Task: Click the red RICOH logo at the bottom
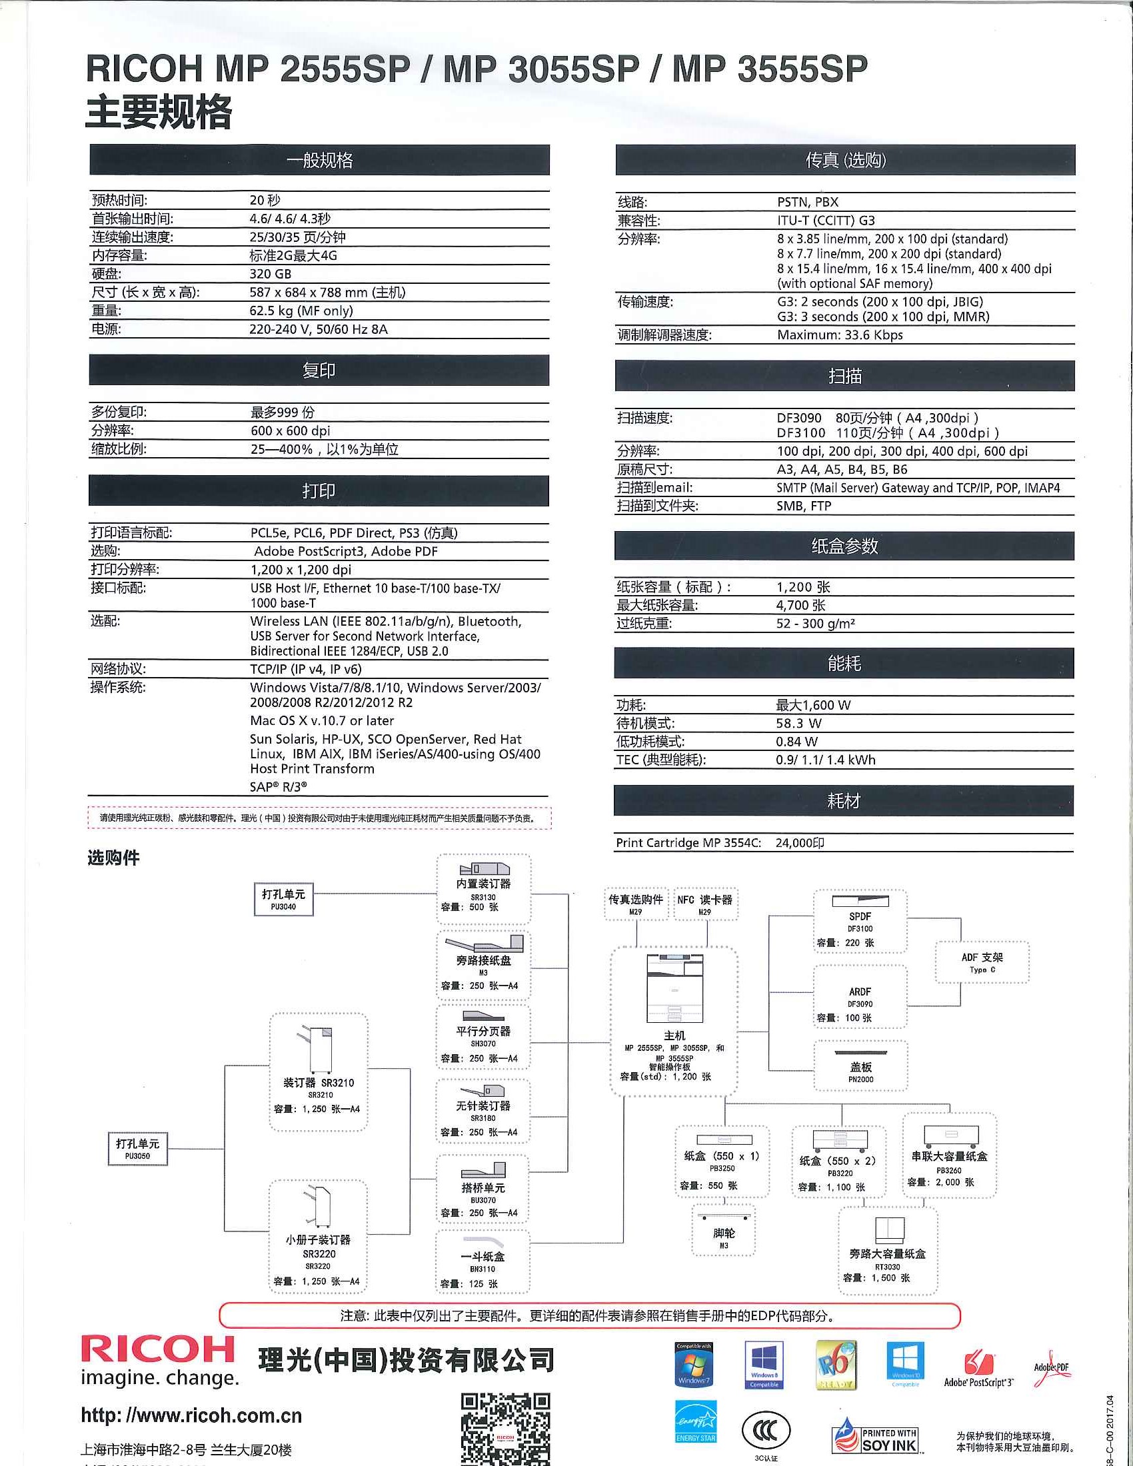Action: click(158, 1349)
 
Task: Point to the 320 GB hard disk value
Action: click(271, 274)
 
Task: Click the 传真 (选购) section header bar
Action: click(845, 161)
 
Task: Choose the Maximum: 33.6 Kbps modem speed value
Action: click(840, 335)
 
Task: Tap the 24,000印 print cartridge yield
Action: click(799, 843)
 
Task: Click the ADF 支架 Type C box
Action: click(981, 962)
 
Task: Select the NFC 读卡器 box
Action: click(704, 904)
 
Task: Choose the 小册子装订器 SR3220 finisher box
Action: click(317, 1237)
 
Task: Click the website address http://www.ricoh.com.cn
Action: click(191, 1415)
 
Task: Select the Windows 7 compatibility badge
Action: click(693, 1365)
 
